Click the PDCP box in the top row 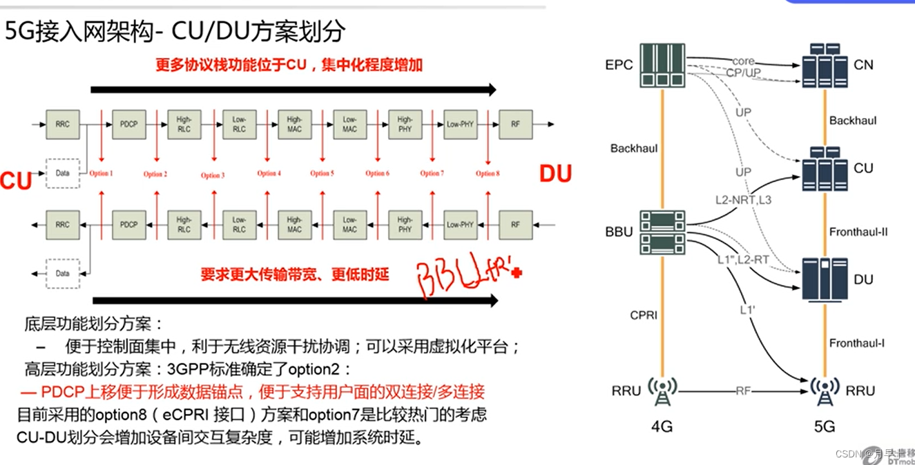pyautogui.click(x=128, y=124)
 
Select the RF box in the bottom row pyautogui.click(x=515, y=225)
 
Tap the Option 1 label pyautogui.click(x=100, y=173)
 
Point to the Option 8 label pyautogui.click(x=487, y=173)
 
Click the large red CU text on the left pyautogui.click(x=16, y=181)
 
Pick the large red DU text pyautogui.click(x=555, y=175)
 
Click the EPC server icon pyautogui.click(x=662, y=66)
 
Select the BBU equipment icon pyautogui.click(x=662, y=230)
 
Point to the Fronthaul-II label pyautogui.click(x=858, y=232)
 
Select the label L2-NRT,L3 pyautogui.click(x=742, y=199)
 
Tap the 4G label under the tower pyautogui.click(x=662, y=427)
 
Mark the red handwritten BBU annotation pyautogui.click(x=466, y=276)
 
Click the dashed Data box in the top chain pyautogui.click(x=63, y=173)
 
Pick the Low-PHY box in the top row pyautogui.click(x=460, y=124)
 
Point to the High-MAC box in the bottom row pyautogui.click(x=294, y=225)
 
